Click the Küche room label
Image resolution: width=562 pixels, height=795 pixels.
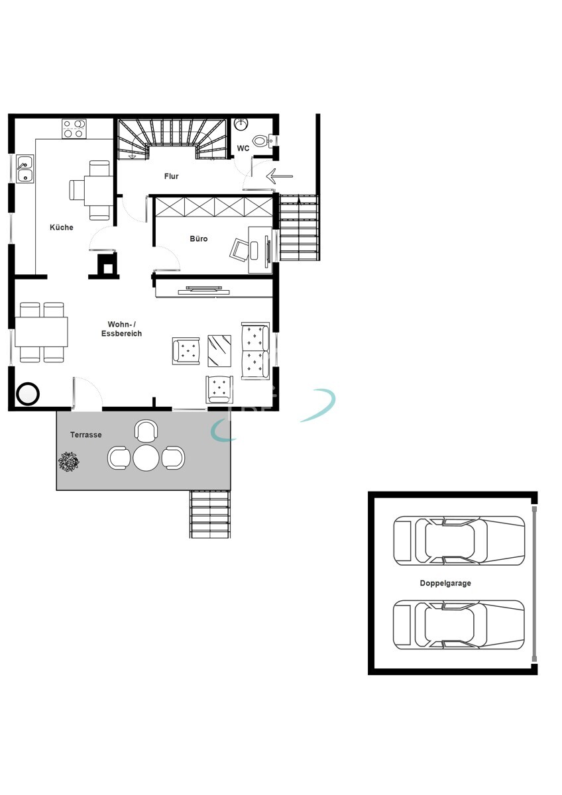coord(61,227)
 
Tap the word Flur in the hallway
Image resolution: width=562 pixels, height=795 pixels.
coord(172,176)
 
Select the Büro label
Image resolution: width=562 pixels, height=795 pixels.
coord(199,238)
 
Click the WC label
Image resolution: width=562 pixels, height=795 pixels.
coord(243,148)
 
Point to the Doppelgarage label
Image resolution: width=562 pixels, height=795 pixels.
coord(445,584)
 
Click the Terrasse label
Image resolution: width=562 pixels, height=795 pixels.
coord(86,435)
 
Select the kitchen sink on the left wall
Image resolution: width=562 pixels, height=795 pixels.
coord(25,169)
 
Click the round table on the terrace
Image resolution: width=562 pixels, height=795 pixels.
coord(146,458)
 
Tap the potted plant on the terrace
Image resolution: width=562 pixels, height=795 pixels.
coord(68,461)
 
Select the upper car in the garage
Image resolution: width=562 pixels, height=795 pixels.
coord(459,541)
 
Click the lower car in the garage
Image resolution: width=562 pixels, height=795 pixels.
coord(459,625)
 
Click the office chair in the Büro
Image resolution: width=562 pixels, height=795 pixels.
coord(239,250)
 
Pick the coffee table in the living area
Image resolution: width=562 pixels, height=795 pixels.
coord(219,350)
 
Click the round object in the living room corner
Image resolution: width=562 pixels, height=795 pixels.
coord(28,394)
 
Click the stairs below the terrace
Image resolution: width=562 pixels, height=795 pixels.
coord(210,514)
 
